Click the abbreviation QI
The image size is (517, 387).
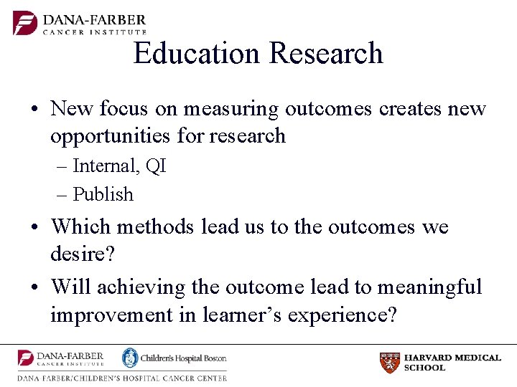point(155,166)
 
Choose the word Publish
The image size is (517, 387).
point(103,194)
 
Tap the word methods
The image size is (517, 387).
point(155,227)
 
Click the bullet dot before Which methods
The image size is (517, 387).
point(34,228)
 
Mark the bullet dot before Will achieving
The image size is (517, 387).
point(34,288)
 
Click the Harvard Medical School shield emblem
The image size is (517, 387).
point(389,363)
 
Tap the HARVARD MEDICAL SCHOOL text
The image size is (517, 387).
point(452,363)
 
